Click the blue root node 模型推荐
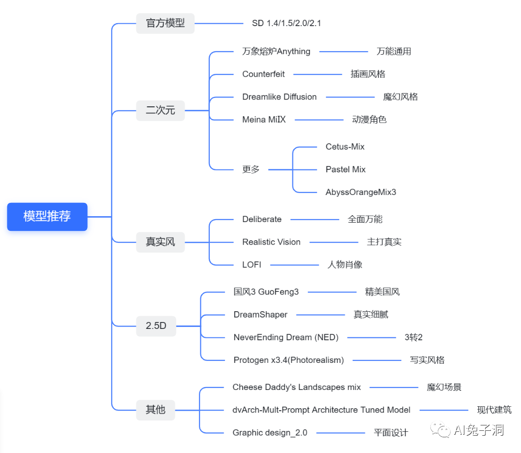(47, 216)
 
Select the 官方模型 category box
(165, 23)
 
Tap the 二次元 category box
(160, 110)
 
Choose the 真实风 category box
(160, 242)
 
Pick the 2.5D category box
(156, 325)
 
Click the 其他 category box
(155, 410)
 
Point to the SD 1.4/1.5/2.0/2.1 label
(286, 23)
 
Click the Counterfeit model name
(263, 74)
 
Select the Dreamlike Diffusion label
(279, 97)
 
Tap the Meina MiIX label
(264, 119)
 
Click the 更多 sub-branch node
(251, 169)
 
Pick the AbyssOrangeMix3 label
(360, 192)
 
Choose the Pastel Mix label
(345, 169)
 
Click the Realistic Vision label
(271, 242)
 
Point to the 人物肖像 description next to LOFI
(345, 264)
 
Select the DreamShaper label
(260, 315)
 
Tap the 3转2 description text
(413, 337)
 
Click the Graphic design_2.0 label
(269, 433)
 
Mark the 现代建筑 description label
(494, 410)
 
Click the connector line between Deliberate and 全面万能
(315, 220)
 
